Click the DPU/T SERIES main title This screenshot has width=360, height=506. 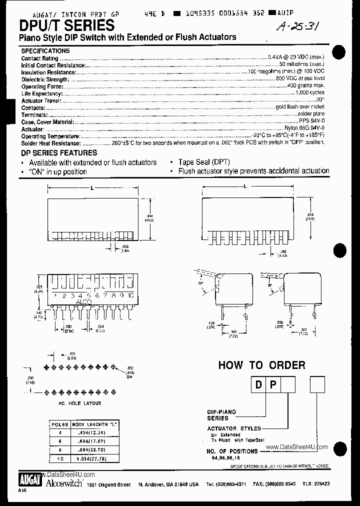pos(67,25)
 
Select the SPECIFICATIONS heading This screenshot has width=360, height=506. pos(45,51)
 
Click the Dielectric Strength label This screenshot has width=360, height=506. pos(44,79)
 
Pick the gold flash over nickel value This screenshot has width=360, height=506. pos(300,107)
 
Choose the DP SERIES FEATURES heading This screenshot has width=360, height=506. pos(59,153)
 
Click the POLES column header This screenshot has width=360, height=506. pos(60,424)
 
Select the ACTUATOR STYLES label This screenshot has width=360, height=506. pos(234,428)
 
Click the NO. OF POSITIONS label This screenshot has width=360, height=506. pos(232,451)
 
